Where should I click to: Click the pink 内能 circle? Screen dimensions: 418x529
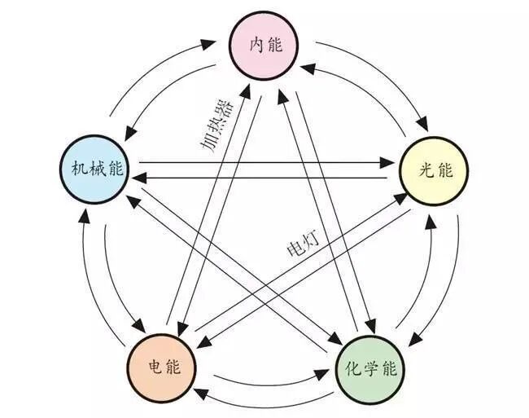[x=264, y=46]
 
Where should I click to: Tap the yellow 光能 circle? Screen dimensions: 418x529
[x=433, y=170]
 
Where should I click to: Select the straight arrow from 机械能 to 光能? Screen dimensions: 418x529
[x=260, y=163]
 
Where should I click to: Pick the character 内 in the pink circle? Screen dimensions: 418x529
[x=256, y=46]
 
